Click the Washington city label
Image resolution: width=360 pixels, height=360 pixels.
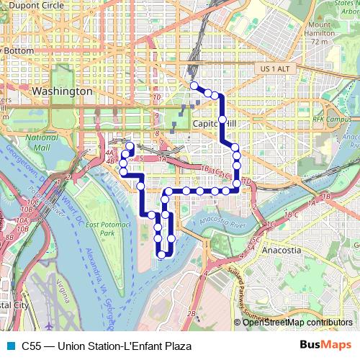[62, 92]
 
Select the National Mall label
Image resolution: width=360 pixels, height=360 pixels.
[41, 142]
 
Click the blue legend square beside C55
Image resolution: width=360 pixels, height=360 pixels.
[9, 346]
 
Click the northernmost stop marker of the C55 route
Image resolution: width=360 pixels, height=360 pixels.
[194, 86]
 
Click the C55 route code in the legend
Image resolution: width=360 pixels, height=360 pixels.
[32, 346]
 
